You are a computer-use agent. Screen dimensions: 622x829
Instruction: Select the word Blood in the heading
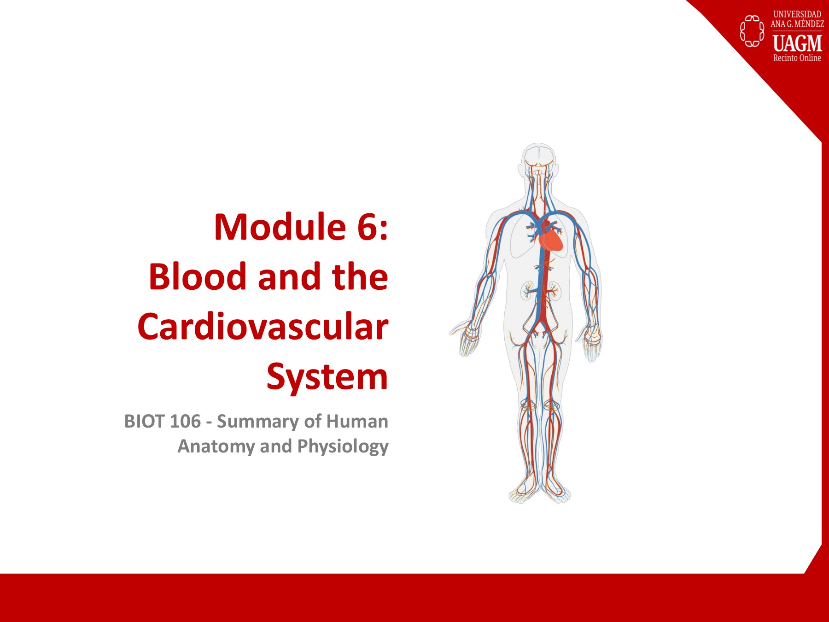click(198, 277)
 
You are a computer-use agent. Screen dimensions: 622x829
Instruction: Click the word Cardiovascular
click(263, 327)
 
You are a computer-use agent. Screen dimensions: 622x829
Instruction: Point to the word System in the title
click(327, 377)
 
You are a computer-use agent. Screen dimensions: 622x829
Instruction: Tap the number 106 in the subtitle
click(185, 422)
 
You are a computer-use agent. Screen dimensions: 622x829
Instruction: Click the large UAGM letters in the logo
click(797, 43)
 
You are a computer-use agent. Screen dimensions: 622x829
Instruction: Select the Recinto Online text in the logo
click(797, 58)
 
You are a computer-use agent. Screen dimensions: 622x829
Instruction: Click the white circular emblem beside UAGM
click(752, 31)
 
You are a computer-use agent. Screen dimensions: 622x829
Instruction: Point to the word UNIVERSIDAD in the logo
click(797, 14)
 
